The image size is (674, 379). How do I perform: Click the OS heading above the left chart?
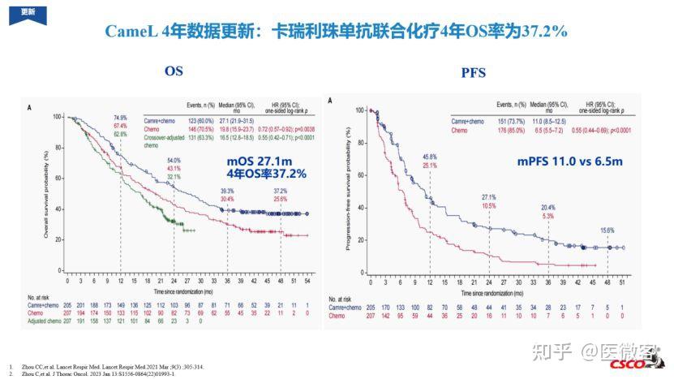tap(174, 71)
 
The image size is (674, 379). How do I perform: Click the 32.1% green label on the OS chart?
tap(174, 176)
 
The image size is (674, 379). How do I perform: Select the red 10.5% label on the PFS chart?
tap(489, 206)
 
